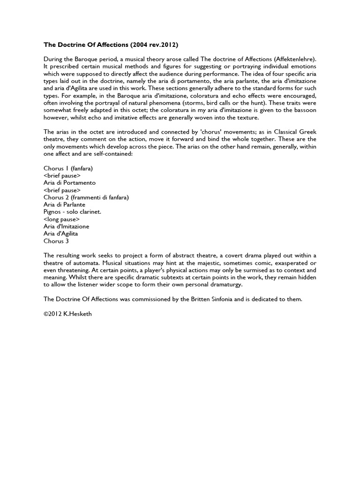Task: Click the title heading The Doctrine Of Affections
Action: point(111,45)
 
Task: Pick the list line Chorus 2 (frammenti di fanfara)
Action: point(86,197)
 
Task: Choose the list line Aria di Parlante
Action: point(65,205)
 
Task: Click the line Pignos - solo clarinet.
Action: point(73,212)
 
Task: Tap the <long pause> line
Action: point(61,219)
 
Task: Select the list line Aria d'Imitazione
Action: point(67,226)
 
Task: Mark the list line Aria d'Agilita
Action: point(61,233)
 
